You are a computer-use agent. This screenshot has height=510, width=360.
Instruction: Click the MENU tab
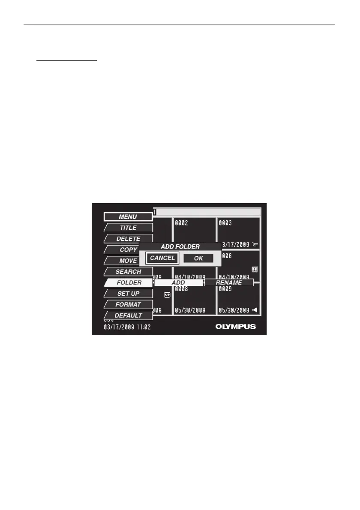[128, 217]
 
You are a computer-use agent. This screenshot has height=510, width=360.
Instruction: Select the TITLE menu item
[128, 228]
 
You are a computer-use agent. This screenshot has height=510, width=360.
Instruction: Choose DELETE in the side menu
[128, 239]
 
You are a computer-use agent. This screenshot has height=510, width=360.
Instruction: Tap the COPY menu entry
[128, 249]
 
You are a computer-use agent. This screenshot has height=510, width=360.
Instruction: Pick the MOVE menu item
[128, 261]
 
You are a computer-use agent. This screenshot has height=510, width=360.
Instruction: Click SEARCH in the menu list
[128, 272]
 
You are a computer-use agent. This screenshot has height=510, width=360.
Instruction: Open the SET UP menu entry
[129, 294]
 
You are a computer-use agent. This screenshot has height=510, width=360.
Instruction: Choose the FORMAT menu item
[128, 305]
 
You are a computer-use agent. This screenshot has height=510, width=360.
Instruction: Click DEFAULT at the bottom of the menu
[128, 315]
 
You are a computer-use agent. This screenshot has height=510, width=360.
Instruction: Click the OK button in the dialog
[198, 258]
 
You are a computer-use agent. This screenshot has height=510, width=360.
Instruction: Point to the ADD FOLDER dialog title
[180, 247]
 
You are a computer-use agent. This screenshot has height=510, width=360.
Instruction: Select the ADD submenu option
[178, 283]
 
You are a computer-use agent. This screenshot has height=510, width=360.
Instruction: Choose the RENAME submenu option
[229, 283]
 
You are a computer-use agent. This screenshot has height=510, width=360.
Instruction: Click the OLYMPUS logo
[235, 327]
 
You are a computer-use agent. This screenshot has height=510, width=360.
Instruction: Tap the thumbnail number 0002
[181, 223]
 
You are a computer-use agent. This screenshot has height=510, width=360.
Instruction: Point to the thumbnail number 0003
[225, 223]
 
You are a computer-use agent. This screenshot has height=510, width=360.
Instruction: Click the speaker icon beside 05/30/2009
[255, 310]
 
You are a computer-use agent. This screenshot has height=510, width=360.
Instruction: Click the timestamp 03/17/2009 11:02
[127, 327]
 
